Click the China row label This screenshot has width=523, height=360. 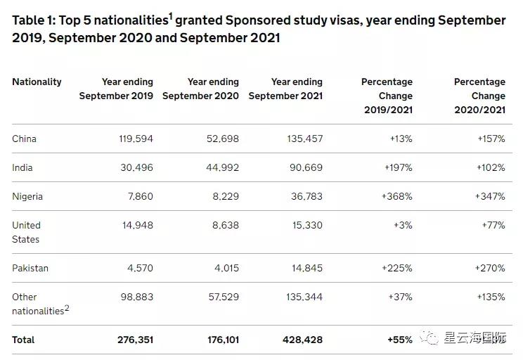pos(24,139)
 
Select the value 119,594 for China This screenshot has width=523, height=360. pos(136,139)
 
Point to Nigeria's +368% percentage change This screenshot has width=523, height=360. pos(396,196)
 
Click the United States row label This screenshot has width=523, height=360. pos(27,232)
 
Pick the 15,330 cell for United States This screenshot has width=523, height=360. pos(304,225)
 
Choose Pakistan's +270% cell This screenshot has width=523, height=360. pos(490,268)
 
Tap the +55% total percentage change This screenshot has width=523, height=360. pos(399,340)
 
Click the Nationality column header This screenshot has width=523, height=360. pos(37,82)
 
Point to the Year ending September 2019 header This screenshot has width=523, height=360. pos(116,89)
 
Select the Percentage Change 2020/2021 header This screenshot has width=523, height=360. pos(479,96)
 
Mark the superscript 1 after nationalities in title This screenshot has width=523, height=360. pos(170,15)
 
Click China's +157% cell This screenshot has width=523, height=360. pos(490,139)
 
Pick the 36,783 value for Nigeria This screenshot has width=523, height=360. pos(304,196)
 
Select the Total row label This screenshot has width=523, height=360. pos(23,340)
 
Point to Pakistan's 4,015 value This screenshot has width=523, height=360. pos(223,268)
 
